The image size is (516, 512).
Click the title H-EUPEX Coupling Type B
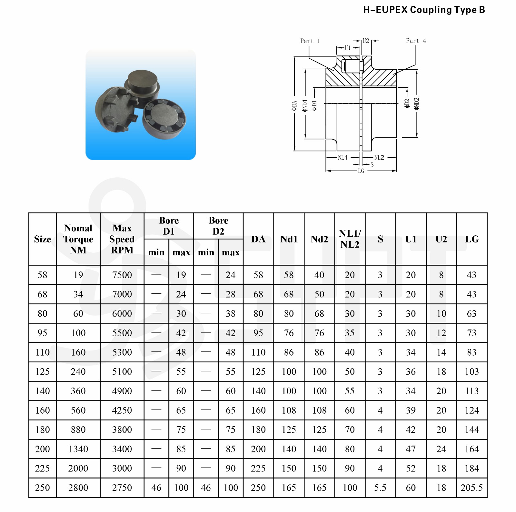(424, 10)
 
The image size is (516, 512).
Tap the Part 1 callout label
(310, 41)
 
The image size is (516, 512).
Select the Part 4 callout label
(416, 41)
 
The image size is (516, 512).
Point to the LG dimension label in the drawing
(361, 171)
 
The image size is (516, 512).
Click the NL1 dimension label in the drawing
(342, 158)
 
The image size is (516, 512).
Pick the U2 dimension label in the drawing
(366, 41)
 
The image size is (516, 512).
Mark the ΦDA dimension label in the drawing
(294, 106)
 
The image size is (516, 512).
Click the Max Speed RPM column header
(122, 239)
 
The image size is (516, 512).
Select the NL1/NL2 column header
(350, 239)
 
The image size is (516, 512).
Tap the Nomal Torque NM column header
(78, 239)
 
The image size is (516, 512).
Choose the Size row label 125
(43, 372)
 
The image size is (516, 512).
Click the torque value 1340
(78, 449)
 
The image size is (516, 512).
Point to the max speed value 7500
(122, 275)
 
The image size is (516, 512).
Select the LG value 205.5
(471, 488)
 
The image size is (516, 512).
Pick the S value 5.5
(380, 488)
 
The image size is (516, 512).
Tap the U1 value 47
(411, 449)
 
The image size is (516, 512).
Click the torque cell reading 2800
(78, 488)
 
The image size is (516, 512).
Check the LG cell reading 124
(471, 410)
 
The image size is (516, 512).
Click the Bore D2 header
(218, 226)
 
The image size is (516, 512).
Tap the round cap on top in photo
(142, 81)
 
